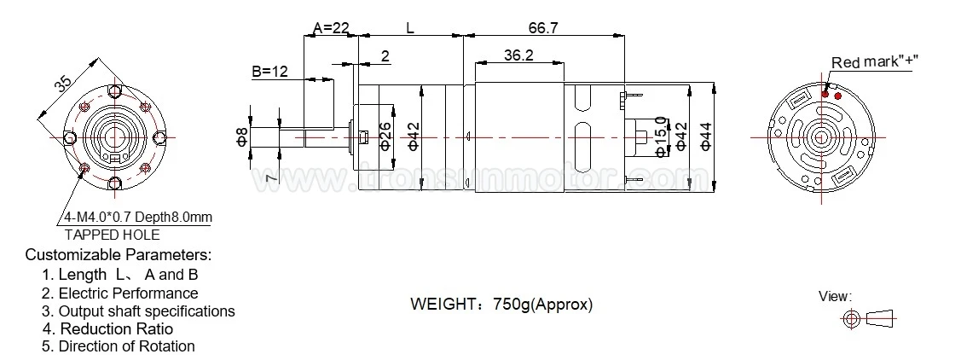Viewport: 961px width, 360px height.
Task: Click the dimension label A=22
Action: pos(331,28)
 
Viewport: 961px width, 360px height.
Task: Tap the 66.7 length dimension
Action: pos(542,28)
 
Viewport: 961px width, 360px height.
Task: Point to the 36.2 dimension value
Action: pos(518,55)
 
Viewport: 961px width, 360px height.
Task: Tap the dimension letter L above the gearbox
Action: pos(410,28)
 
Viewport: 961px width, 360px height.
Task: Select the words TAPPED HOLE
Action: pos(112,235)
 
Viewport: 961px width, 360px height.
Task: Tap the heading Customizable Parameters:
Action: pos(118,255)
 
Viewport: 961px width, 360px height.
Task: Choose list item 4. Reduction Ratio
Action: pos(107,328)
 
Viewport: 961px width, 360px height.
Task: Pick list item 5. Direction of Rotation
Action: pos(118,346)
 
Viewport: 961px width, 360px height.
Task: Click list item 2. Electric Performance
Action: pos(119,293)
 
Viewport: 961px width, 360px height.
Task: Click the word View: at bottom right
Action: pos(835,296)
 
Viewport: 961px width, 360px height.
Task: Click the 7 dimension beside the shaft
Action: pos(269,177)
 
